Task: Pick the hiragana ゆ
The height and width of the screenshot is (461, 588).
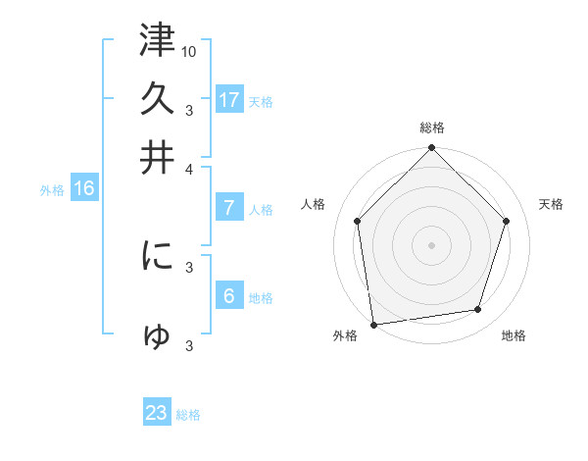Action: (157, 335)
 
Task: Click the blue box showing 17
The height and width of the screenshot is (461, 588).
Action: (228, 100)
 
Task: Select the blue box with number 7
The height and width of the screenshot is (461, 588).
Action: (228, 208)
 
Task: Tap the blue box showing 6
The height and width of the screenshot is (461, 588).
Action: (228, 296)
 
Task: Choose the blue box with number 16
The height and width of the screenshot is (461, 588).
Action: (83, 189)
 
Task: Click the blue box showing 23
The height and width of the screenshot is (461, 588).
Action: (157, 413)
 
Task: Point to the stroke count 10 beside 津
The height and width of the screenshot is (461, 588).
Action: (189, 50)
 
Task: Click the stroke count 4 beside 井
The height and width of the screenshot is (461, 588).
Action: (189, 168)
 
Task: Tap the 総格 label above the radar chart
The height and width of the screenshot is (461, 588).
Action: (432, 128)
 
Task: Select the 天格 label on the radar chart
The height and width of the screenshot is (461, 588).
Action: (551, 204)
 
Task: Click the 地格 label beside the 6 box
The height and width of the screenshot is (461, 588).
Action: (261, 298)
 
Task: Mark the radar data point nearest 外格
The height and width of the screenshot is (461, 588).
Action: (373, 324)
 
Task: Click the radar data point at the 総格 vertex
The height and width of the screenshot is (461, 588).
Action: (432, 149)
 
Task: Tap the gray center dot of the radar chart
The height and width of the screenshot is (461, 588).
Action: (432, 244)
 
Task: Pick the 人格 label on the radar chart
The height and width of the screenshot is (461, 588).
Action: (314, 204)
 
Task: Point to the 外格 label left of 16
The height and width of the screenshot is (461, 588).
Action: (52, 190)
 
